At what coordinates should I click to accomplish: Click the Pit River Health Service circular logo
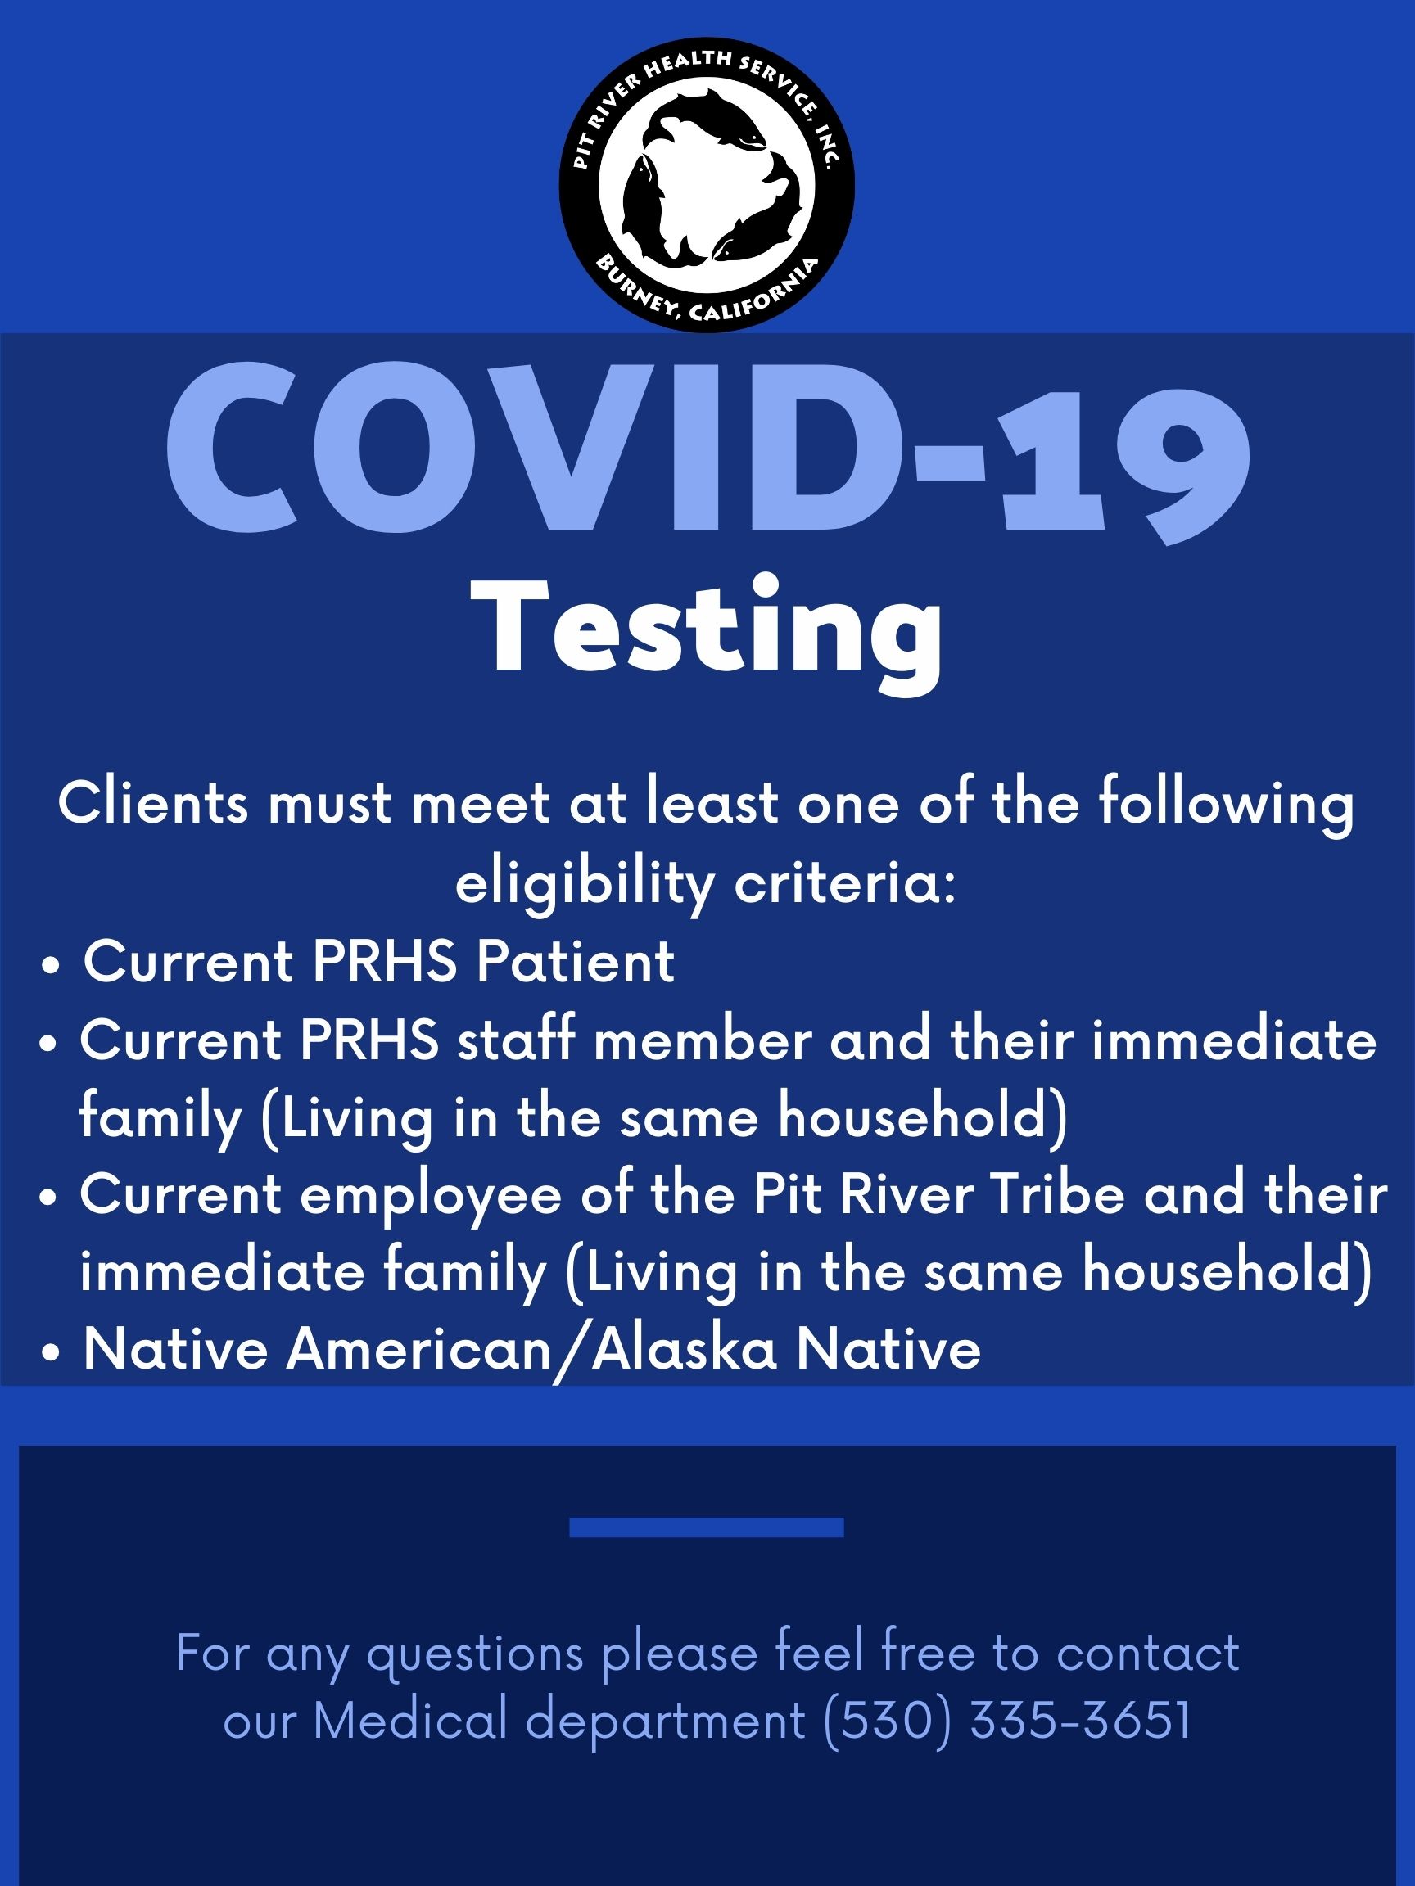(x=707, y=184)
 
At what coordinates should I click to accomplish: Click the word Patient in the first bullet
(x=576, y=962)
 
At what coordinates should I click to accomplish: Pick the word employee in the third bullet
(x=431, y=1198)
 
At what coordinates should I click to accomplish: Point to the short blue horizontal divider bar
(x=706, y=1528)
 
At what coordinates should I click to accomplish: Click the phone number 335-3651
(x=1081, y=1720)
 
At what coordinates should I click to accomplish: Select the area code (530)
(x=888, y=1721)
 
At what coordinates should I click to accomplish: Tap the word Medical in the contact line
(x=411, y=1720)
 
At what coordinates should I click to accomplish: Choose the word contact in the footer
(x=1148, y=1653)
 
